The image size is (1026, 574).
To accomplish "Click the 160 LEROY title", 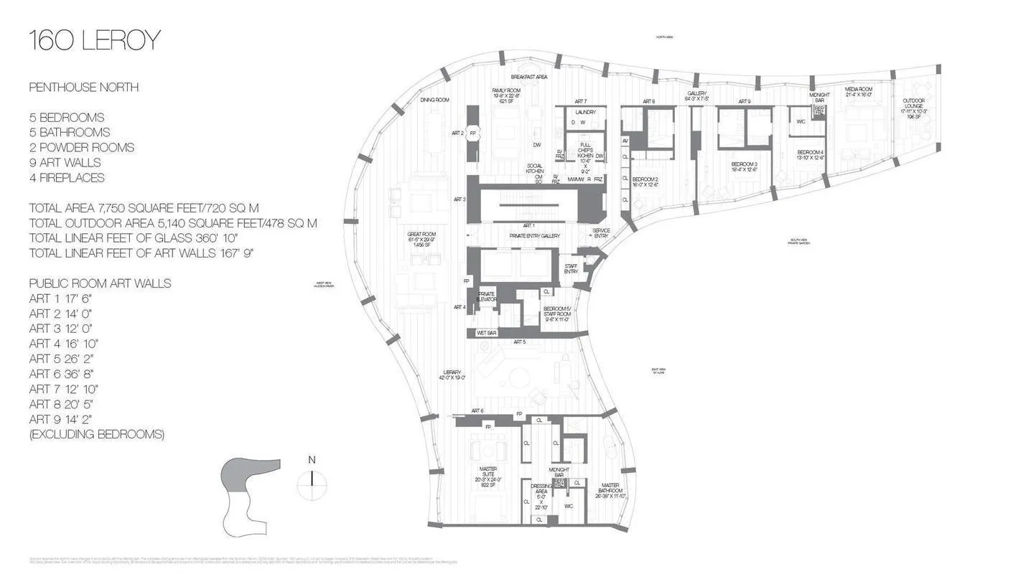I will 94,41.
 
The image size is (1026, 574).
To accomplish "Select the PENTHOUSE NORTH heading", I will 84,88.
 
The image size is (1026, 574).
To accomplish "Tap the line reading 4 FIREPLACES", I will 67,178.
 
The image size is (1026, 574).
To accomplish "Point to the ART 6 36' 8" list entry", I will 62,374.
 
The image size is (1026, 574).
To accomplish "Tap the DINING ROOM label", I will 434,100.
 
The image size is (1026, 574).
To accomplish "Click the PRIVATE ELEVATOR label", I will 487,296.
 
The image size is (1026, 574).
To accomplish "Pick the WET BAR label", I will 487,333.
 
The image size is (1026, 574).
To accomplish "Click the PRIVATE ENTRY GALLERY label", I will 534,236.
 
